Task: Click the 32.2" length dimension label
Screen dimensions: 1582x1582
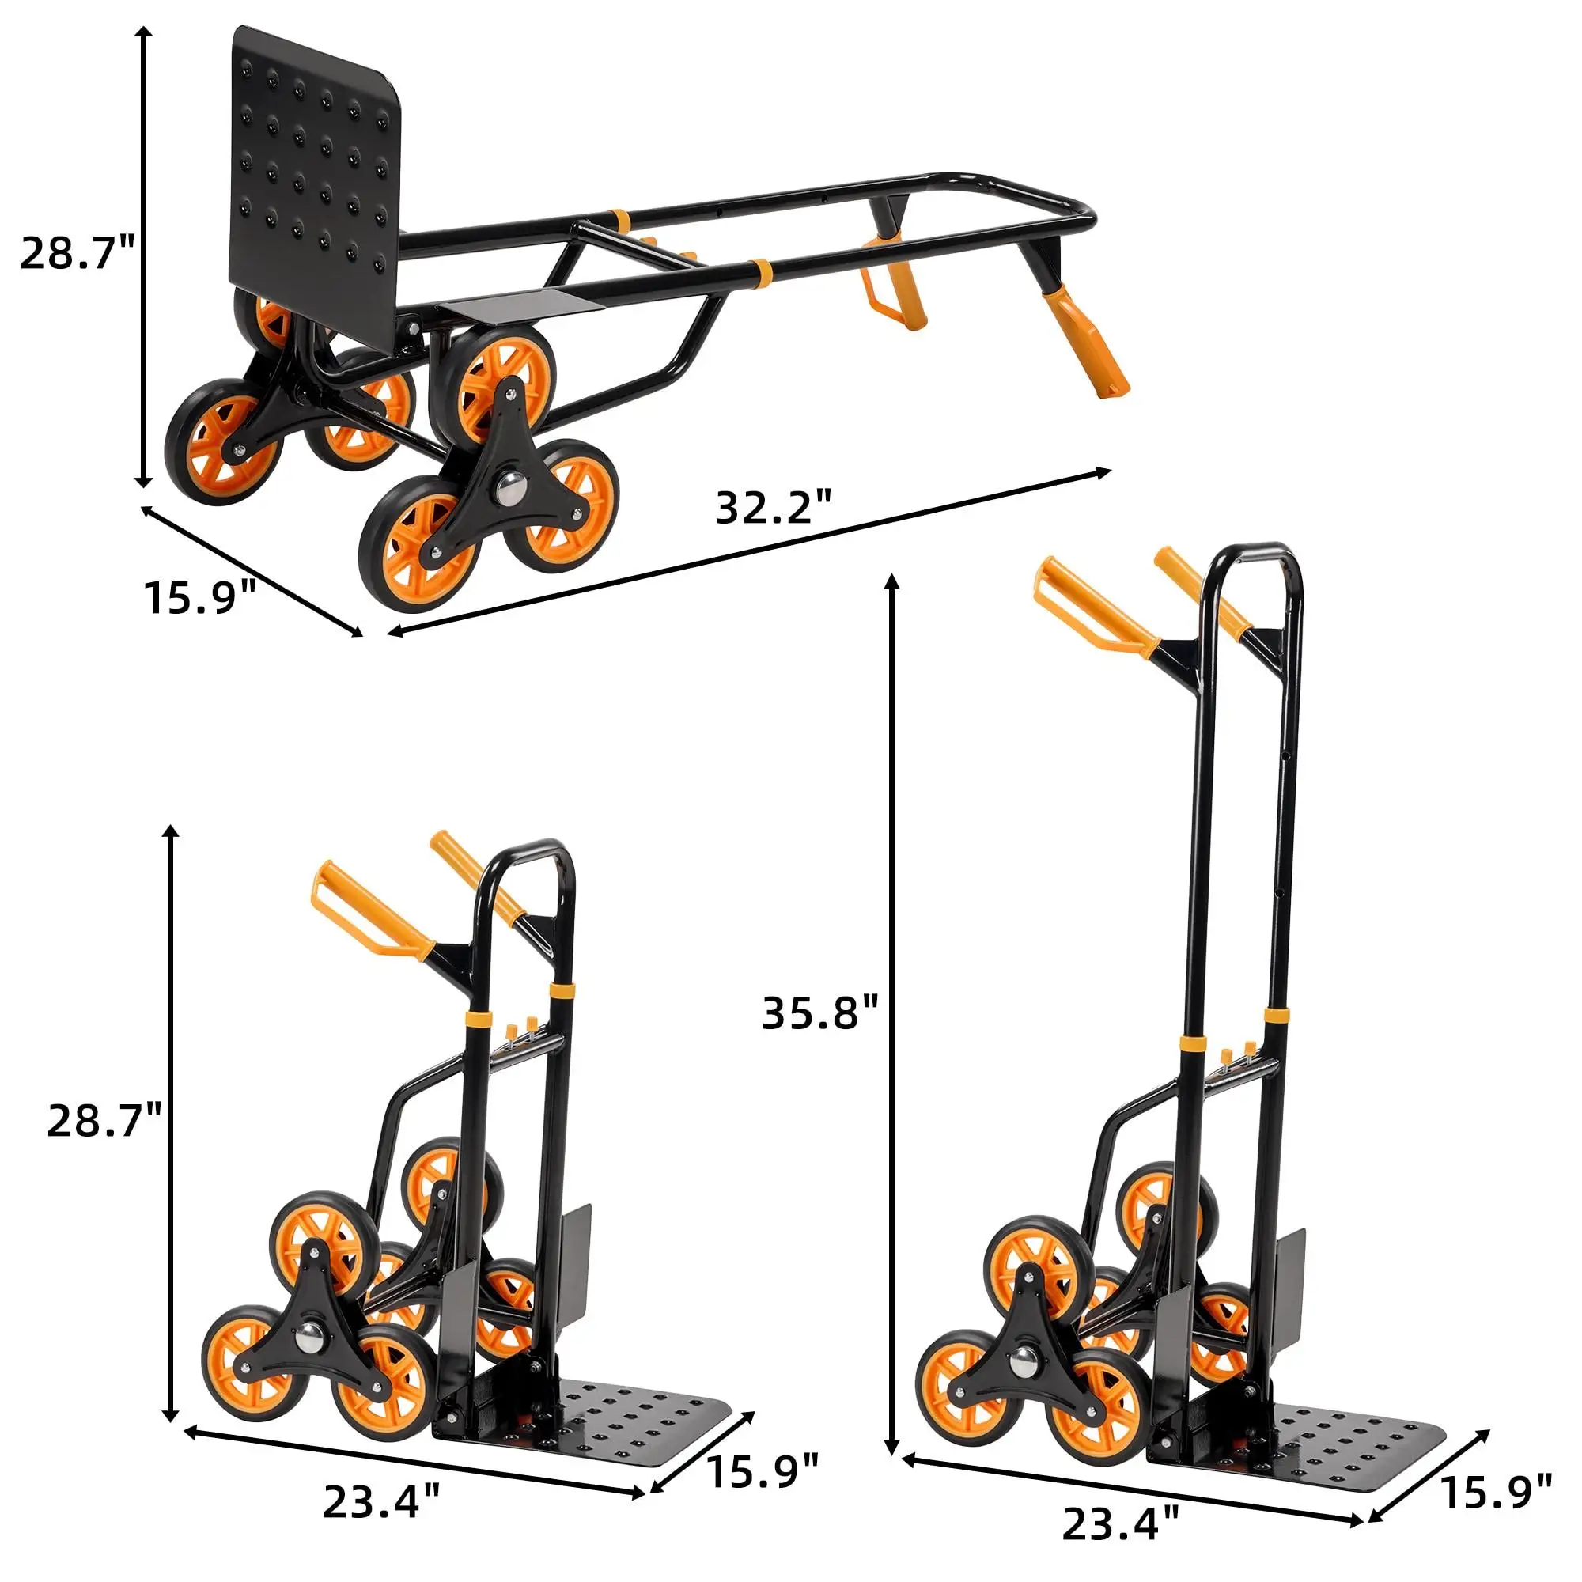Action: click(774, 509)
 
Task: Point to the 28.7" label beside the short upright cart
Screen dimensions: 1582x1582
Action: click(105, 1119)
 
